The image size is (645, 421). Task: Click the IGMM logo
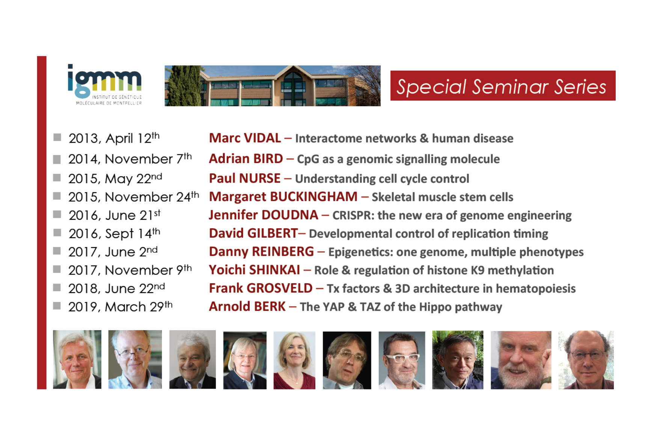tap(105, 85)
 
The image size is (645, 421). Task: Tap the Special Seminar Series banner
tap(503, 86)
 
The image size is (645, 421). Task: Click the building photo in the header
tap(272, 86)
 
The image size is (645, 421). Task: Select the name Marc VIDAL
tap(245, 138)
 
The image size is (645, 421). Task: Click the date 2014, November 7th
tap(130, 158)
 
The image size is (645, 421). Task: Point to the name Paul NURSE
tap(245, 178)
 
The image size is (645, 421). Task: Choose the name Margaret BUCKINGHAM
tap(283, 197)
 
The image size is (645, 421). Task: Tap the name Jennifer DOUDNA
tap(264, 215)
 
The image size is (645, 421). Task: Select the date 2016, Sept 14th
tap(114, 233)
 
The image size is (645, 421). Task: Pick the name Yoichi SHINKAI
tap(255, 270)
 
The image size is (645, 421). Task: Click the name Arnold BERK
tap(247, 307)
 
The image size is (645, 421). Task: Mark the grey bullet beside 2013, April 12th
tap(57, 137)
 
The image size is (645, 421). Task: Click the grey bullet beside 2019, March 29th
tap(57, 306)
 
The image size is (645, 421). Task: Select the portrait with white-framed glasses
tap(402, 360)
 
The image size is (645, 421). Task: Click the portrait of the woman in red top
tap(294, 360)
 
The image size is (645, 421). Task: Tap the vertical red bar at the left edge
tap(42, 222)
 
